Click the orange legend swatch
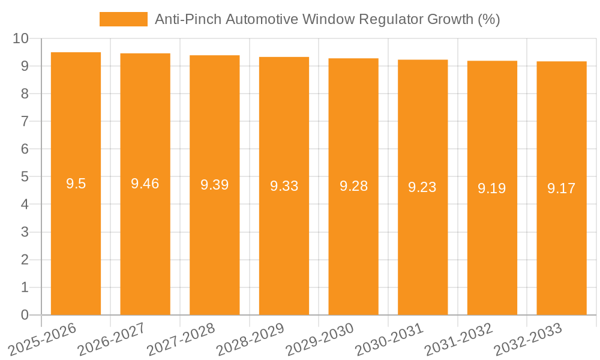pos(123,19)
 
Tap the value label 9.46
pos(145,184)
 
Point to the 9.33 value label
pos(284,186)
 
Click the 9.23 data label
pos(422,187)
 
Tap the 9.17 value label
pos(562,188)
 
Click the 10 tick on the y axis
pos(21,38)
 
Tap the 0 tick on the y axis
pos(25,315)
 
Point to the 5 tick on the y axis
pos(25,177)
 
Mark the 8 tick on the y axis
pos(25,94)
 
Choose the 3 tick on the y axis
pos(25,232)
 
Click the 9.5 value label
pos(76,184)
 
